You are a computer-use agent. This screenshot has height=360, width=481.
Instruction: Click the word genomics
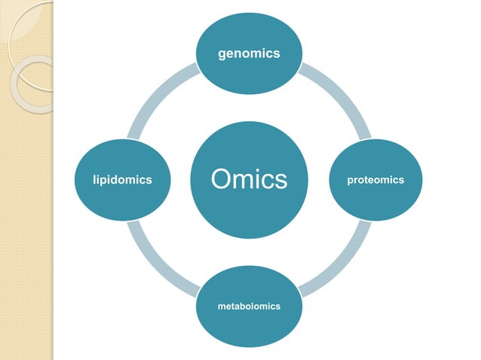(249, 53)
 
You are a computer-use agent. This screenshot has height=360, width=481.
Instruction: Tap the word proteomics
(375, 180)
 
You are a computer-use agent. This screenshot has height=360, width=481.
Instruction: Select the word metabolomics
(249, 307)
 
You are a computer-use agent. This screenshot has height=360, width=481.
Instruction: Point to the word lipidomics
(122, 180)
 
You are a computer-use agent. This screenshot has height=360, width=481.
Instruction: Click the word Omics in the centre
(249, 180)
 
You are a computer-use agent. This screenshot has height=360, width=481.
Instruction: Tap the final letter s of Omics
(281, 181)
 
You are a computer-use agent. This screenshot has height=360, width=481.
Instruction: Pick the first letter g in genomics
(222, 54)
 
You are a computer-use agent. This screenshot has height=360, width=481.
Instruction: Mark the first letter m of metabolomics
(220, 307)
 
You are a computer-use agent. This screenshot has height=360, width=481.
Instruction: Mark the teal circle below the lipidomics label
(122, 203)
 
